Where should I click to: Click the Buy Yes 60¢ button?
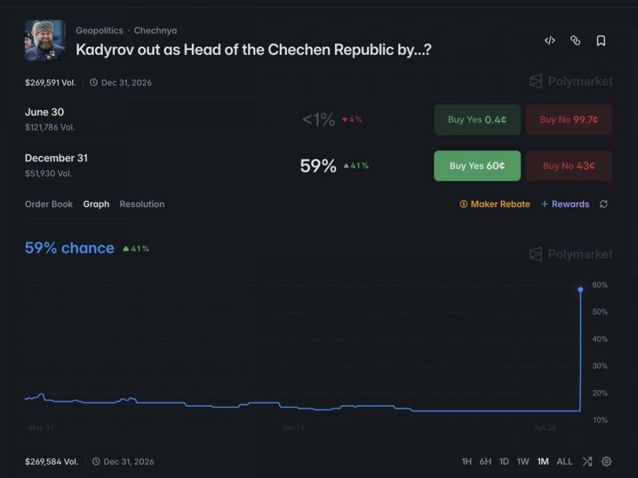click(x=477, y=166)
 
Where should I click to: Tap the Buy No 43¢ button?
click(x=569, y=166)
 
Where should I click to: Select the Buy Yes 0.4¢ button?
click(x=477, y=119)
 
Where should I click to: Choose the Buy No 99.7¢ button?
click(x=569, y=119)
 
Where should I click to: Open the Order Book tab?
click(x=49, y=204)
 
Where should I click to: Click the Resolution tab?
click(x=142, y=204)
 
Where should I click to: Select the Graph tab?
click(x=96, y=204)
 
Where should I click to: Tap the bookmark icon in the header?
click(x=601, y=41)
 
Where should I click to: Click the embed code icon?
click(x=550, y=41)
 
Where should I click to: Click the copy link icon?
click(x=575, y=41)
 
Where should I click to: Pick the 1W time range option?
click(x=523, y=462)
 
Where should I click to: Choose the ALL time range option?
click(x=565, y=462)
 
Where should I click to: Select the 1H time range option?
click(x=467, y=462)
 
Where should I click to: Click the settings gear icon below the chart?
click(x=606, y=462)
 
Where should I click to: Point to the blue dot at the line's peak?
click(x=581, y=289)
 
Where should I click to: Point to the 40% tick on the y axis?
click(x=600, y=339)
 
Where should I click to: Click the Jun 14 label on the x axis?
click(x=293, y=428)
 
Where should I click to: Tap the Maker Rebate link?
click(x=494, y=204)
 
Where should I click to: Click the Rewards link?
click(x=565, y=204)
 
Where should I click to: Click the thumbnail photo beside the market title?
click(x=45, y=41)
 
